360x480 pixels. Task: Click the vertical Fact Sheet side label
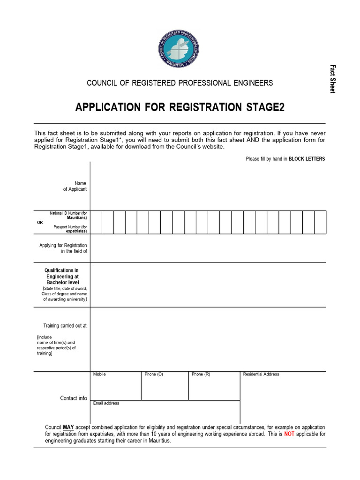point(332,79)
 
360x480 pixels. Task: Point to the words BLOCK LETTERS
point(307,159)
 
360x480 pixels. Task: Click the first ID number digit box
point(96,222)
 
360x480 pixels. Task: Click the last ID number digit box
point(320,222)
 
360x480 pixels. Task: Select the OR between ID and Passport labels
point(39,222)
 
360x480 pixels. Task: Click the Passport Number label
point(70,229)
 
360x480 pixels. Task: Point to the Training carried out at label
point(65,325)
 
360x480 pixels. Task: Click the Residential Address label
point(261,374)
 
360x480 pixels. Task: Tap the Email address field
point(165,412)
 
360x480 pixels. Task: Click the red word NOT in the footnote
point(290,435)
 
